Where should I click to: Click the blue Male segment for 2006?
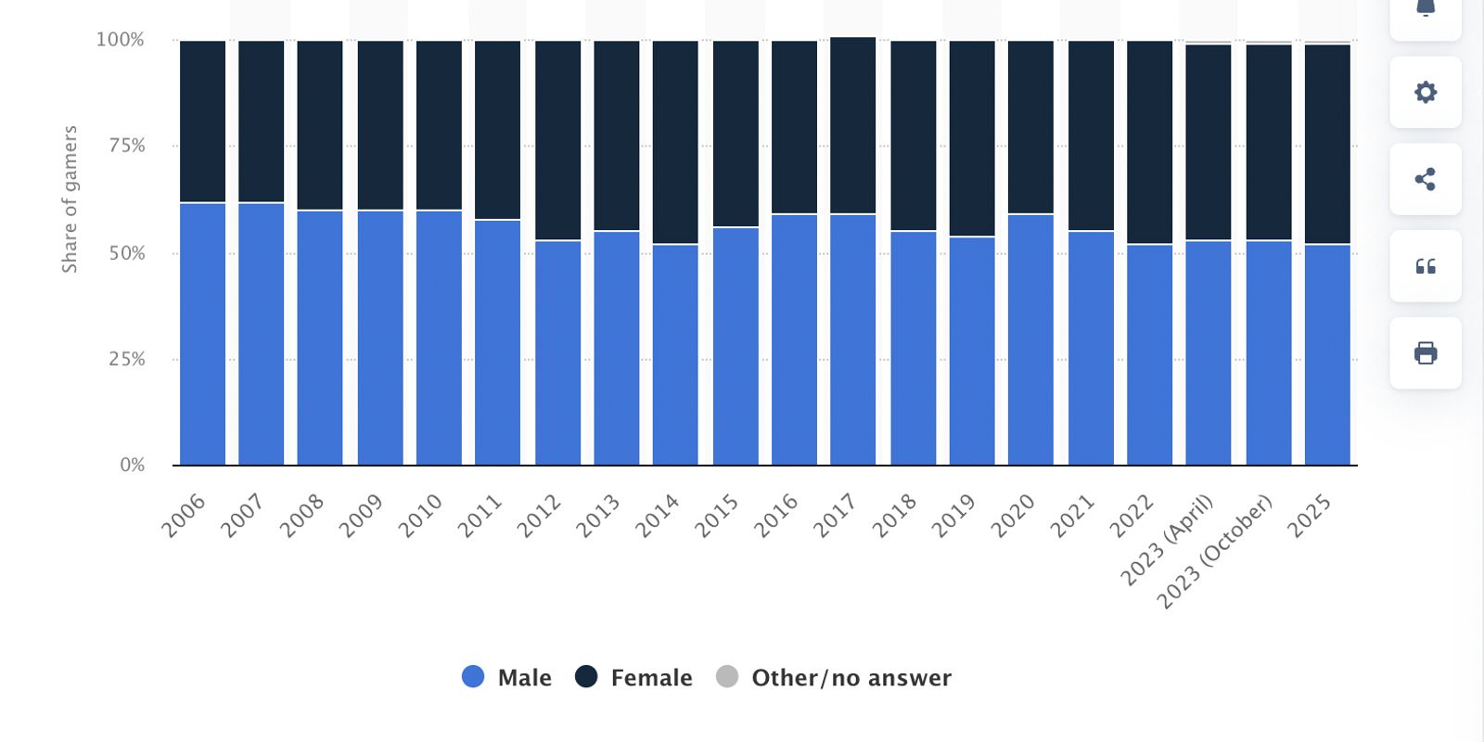(202, 334)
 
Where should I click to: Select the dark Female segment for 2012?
(557, 140)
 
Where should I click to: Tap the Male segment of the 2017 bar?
(852, 339)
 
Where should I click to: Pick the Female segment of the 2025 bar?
(1327, 144)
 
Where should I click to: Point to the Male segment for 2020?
(1030, 339)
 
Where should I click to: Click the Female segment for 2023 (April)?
(1209, 142)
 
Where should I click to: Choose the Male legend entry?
(507, 678)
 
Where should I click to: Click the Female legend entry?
(633, 678)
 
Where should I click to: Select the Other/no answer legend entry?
(834, 678)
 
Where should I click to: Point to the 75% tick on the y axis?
(127, 146)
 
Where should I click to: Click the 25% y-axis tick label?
(127, 359)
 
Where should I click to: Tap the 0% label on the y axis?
(133, 465)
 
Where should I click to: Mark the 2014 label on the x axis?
(657, 516)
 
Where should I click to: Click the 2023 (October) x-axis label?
(1214, 552)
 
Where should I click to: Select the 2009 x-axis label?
(361, 516)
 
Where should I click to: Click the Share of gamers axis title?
(70, 199)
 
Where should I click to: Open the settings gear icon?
(1426, 92)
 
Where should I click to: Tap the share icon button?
(1426, 179)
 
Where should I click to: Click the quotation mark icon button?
(1426, 266)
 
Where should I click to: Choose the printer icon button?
(1426, 353)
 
